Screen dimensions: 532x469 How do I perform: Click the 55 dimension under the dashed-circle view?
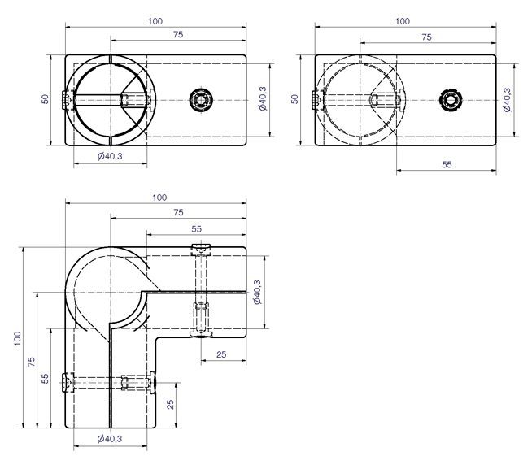tap(447, 164)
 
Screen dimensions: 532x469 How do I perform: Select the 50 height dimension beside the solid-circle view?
tap(45, 99)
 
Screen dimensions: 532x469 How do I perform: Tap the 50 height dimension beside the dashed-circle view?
tap(294, 99)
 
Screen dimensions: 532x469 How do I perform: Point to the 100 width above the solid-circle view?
tap(155, 21)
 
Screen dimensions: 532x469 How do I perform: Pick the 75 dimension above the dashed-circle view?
tap(426, 37)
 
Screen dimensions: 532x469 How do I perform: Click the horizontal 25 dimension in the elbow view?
tap(221, 354)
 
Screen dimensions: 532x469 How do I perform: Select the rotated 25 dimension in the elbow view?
tap(170, 404)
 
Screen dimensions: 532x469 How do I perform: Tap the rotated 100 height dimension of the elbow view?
tap(17, 338)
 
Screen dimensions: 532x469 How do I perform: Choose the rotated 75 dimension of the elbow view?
tap(31, 362)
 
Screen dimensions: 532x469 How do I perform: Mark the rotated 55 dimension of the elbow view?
tap(45, 379)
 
